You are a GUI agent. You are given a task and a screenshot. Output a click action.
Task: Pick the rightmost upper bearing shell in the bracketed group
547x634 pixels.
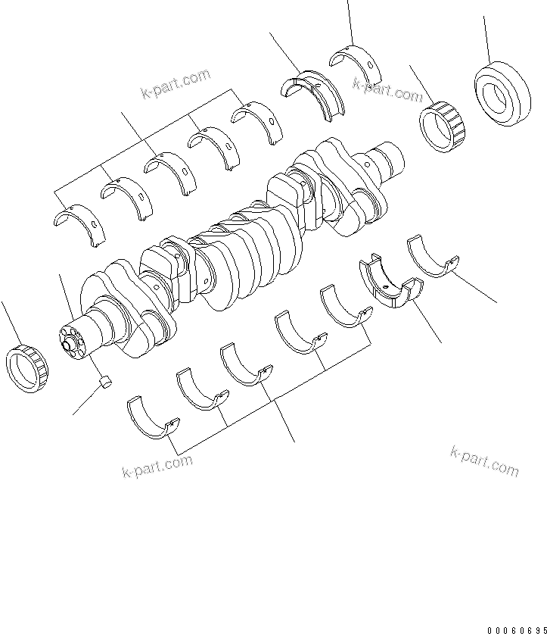256,120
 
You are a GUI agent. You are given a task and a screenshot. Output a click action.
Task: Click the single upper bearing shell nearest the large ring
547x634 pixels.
356,66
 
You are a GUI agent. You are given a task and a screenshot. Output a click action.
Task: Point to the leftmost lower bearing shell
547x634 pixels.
152,417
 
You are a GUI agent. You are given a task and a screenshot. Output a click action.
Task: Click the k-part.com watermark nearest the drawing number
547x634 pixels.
484,461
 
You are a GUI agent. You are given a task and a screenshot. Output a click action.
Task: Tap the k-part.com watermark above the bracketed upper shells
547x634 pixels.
175,83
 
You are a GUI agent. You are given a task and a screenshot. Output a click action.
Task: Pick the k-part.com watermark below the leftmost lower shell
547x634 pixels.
157,467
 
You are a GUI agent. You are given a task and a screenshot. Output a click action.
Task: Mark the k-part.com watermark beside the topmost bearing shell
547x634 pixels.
388,90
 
